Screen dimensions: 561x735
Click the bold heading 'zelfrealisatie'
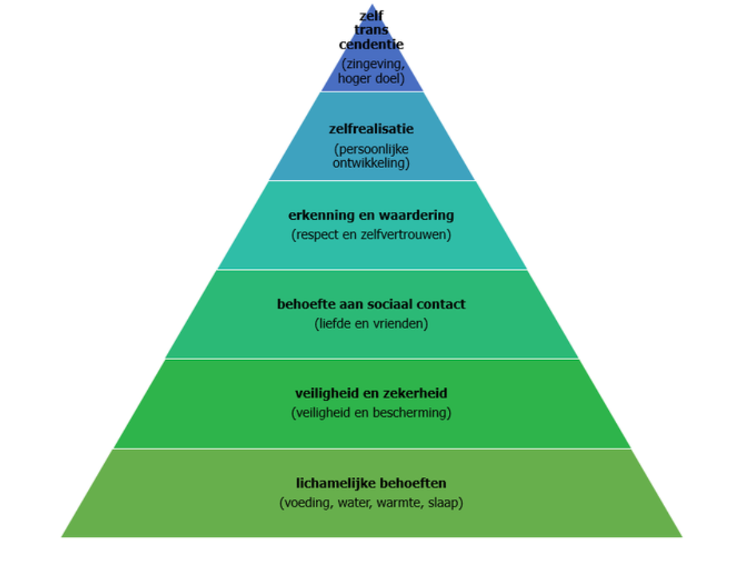point(371,129)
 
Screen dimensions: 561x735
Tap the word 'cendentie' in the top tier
point(371,45)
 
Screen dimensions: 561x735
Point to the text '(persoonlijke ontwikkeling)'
point(371,156)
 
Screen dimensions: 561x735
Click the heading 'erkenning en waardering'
point(371,215)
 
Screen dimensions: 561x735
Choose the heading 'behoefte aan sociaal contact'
point(371,304)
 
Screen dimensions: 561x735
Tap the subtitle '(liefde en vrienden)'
point(371,323)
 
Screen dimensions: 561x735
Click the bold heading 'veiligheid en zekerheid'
point(371,393)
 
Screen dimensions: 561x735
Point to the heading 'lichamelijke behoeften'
point(371,483)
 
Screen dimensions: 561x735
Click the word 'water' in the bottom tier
point(352,503)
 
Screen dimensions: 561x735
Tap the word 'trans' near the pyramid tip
point(371,30)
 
